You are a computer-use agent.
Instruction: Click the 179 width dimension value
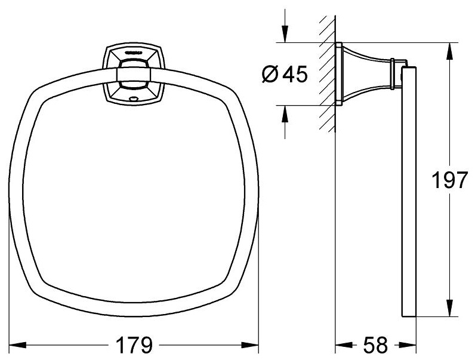click(134, 345)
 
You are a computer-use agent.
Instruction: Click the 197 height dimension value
click(449, 180)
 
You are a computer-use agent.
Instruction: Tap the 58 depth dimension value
click(375, 345)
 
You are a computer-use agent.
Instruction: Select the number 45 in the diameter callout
click(295, 74)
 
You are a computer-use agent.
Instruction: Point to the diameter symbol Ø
click(270, 74)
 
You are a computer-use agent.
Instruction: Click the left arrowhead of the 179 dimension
click(17, 345)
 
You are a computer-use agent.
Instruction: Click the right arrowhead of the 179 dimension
click(250, 345)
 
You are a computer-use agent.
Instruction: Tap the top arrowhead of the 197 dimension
click(451, 51)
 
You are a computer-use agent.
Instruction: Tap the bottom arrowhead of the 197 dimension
click(451, 308)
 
